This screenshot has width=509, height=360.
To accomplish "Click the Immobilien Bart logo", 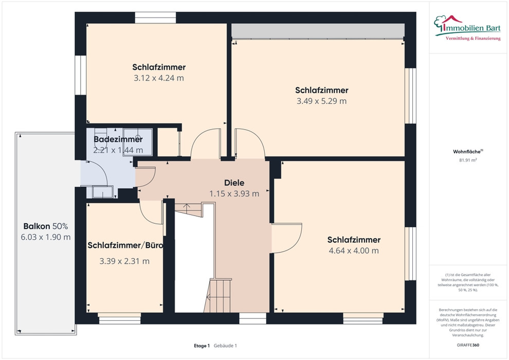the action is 467,28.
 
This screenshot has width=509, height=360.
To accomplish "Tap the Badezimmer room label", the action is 118,139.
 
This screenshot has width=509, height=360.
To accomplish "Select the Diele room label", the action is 234,183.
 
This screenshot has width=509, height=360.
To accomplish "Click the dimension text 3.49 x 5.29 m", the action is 321,101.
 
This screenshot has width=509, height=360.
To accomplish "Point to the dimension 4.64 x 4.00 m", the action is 354,250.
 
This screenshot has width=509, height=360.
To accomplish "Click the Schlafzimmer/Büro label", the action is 125,245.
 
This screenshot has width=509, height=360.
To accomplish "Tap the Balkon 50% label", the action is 45,226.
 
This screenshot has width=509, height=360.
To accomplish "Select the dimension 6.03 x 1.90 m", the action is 45,237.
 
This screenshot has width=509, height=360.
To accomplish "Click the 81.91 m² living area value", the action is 468,160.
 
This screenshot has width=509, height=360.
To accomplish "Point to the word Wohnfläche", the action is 467,152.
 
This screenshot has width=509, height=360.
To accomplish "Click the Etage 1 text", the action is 202,346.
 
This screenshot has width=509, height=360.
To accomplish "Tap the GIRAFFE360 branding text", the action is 468,345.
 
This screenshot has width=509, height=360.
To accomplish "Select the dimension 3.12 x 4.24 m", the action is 159,78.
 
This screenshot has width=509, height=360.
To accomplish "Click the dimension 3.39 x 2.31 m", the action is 124,261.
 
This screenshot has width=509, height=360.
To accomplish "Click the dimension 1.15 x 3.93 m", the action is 234,194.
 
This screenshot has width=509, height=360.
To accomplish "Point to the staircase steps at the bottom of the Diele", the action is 217,295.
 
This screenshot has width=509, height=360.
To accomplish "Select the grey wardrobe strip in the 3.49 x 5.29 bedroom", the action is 318,31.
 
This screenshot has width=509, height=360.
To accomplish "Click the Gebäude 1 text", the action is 225,346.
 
